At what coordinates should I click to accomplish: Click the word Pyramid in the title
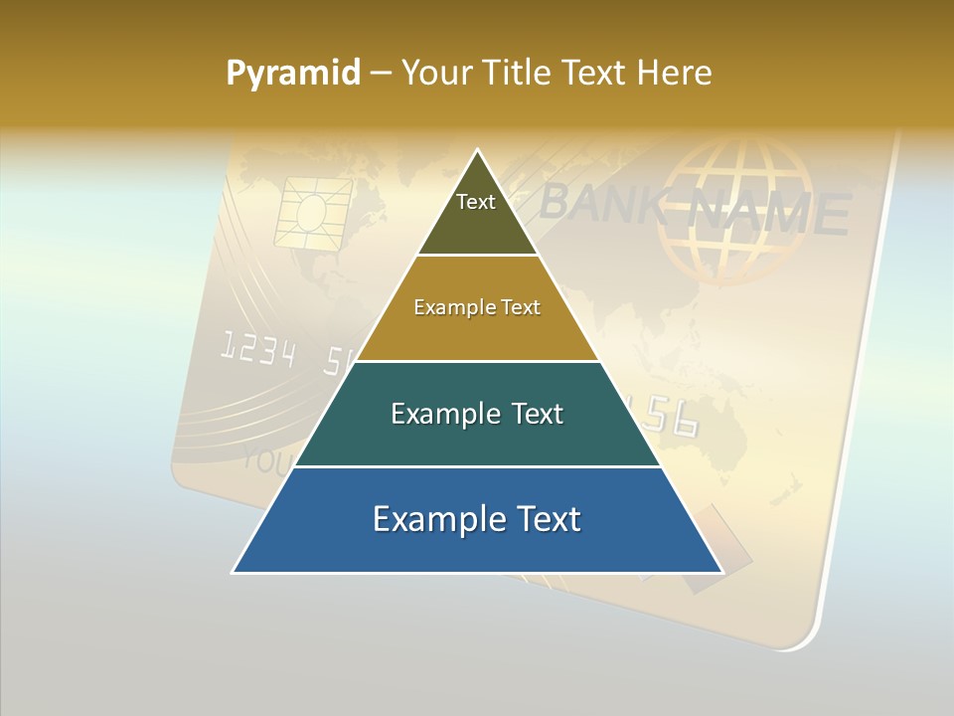(293, 74)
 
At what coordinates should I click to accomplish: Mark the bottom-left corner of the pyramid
(234, 572)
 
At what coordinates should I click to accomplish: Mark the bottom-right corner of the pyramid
(721, 572)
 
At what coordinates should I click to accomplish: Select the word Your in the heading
(434, 74)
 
